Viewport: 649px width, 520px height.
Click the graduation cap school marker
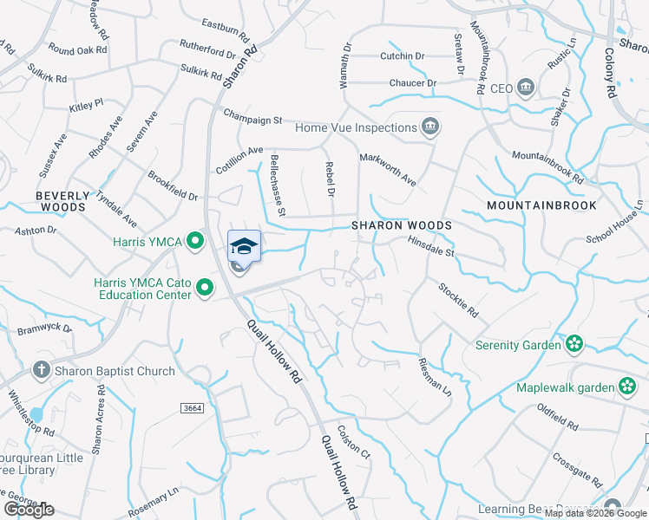pos(244,245)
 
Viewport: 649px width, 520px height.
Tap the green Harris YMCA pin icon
pos(196,240)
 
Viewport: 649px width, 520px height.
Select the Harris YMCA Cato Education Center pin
pos(205,287)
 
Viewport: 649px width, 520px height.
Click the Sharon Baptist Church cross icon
pos(40,371)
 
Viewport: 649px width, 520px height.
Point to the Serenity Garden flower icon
pos(573,345)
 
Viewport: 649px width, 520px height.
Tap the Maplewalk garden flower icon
pos(626,387)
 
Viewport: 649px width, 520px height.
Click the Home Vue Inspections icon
pos(429,127)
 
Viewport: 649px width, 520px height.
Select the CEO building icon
pos(526,88)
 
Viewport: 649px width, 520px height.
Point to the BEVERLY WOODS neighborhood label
pos(62,202)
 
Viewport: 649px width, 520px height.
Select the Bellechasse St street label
pos(278,184)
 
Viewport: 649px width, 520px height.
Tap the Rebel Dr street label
pos(330,178)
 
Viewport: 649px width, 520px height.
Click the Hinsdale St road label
pos(431,247)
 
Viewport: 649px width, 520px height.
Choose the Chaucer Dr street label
pos(413,83)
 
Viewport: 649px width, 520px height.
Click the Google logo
pos(28,509)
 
